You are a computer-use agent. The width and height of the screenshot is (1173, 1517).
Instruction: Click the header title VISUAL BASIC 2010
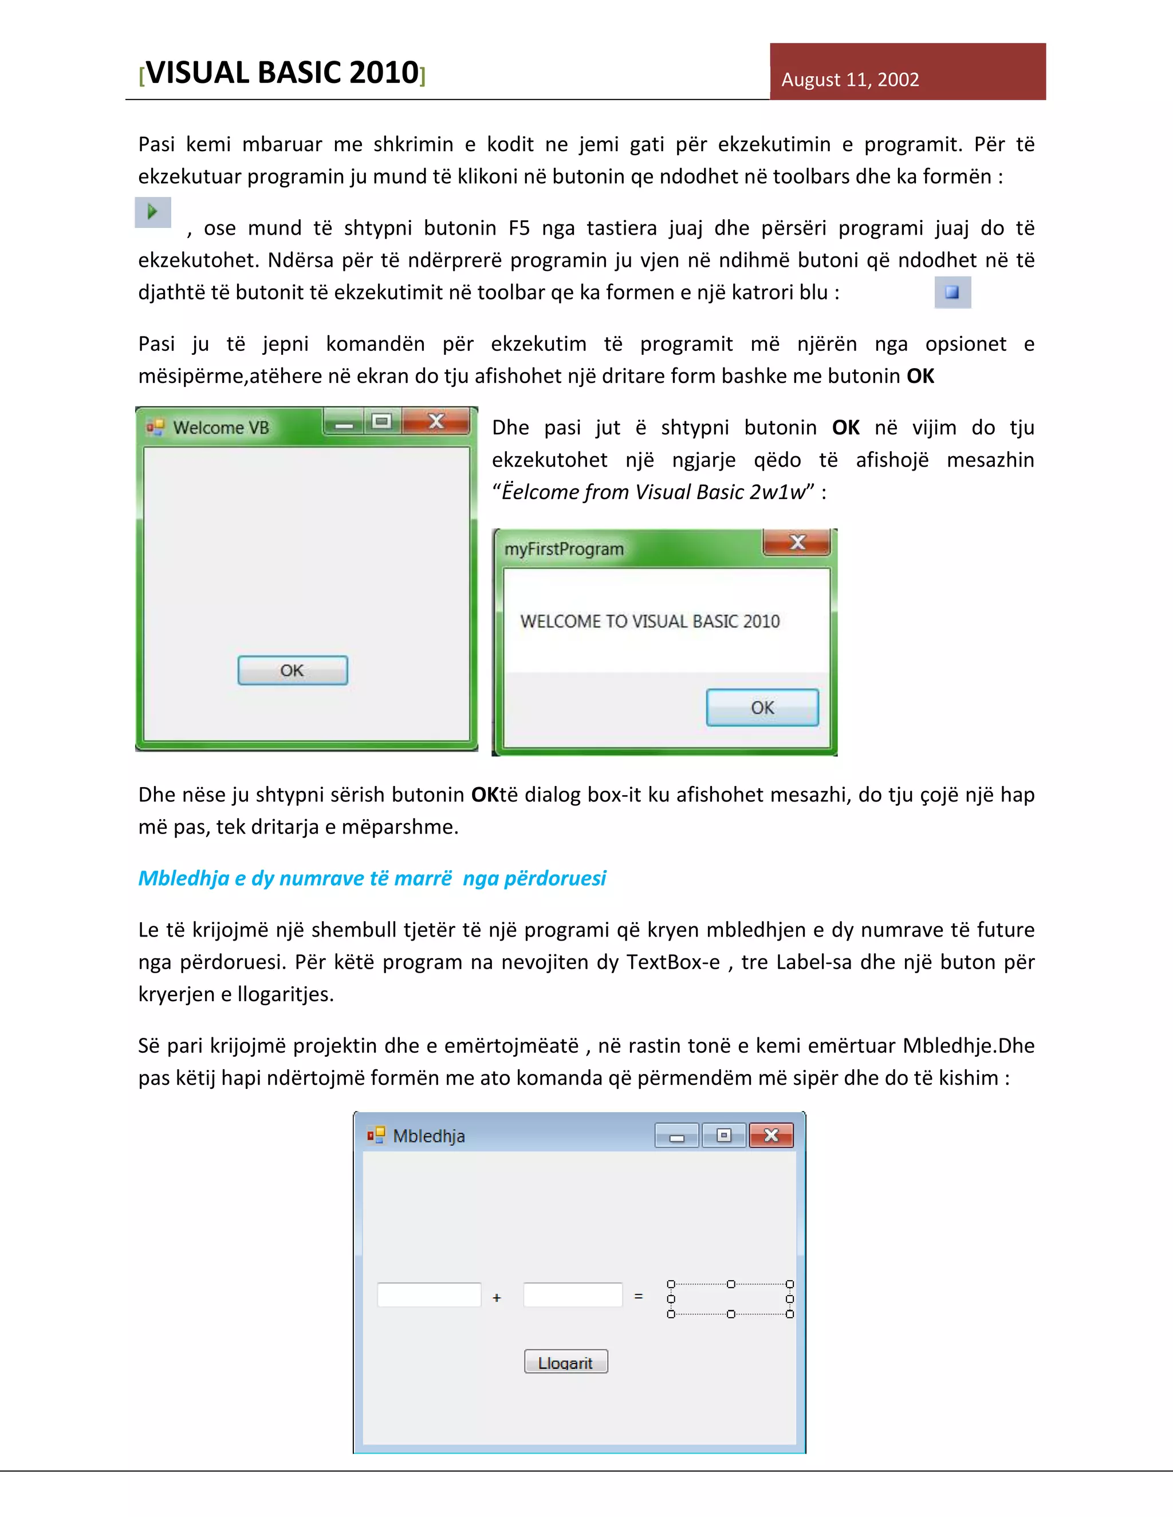(x=282, y=73)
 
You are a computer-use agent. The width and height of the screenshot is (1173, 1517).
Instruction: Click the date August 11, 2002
(x=849, y=80)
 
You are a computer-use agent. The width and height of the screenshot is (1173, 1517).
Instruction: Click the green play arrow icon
(x=152, y=211)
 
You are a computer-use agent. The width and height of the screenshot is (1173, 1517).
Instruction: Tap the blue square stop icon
(x=952, y=293)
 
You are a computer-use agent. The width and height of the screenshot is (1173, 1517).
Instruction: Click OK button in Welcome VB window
(x=293, y=670)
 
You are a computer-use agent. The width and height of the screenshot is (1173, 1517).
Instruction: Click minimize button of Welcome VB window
(x=345, y=423)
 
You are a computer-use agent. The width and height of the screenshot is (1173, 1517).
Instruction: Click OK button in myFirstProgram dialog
(x=762, y=708)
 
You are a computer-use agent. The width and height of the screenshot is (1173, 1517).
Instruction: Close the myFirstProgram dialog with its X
(x=797, y=543)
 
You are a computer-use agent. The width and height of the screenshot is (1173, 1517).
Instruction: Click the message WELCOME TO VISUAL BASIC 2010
(x=650, y=622)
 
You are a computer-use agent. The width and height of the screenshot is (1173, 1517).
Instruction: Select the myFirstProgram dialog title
(x=564, y=550)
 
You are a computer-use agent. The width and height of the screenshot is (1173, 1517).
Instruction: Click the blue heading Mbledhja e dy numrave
(x=372, y=879)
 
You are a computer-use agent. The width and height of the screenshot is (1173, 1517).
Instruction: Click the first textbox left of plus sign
(x=429, y=1295)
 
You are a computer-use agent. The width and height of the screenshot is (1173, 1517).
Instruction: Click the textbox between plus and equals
(x=573, y=1295)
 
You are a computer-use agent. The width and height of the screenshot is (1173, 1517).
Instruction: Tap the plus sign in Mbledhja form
(x=497, y=1298)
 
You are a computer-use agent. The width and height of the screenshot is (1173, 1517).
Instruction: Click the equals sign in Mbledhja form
(x=639, y=1296)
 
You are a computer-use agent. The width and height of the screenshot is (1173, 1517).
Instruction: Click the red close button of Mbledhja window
(x=771, y=1136)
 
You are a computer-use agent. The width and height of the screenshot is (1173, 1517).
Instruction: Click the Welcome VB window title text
(x=221, y=428)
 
